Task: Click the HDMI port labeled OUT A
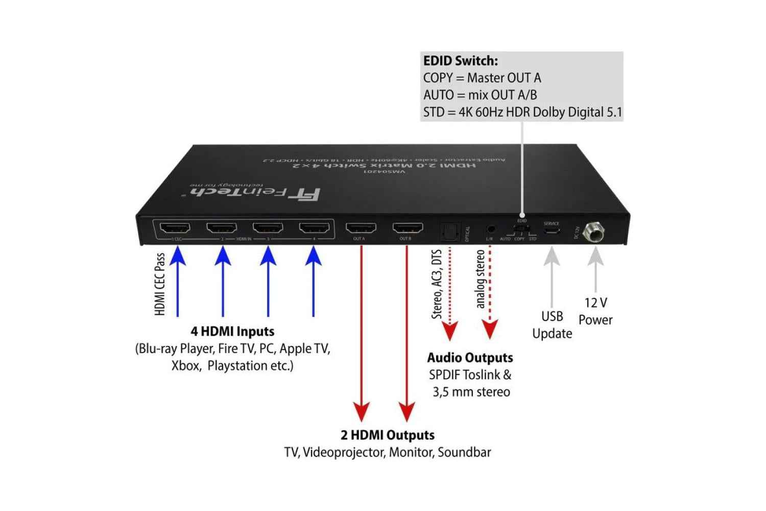pyautogui.click(x=361, y=227)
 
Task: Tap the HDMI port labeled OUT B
pyautogui.click(x=407, y=227)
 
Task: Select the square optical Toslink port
pyautogui.click(x=449, y=231)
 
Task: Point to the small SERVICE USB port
pyautogui.click(x=552, y=231)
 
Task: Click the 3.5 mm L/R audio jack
pyautogui.click(x=490, y=229)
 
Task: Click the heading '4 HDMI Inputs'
pyautogui.click(x=233, y=331)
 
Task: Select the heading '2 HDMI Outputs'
pyautogui.click(x=388, y=435)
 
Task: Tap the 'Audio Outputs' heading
pyautogui.click(x=470, y=357)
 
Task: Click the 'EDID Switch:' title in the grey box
pyautogui.click(x=460, y=61)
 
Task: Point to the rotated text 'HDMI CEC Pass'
pyautogui.click(x=160, y=284)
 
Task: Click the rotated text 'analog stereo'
pyautogui.click(x=480, y=278)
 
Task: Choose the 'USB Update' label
pyautogui.click(x=552, y=324)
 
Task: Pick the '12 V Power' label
pyautogui.click(x=595, y=311)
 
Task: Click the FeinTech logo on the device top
pyautogui.click(x=255, y=193)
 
